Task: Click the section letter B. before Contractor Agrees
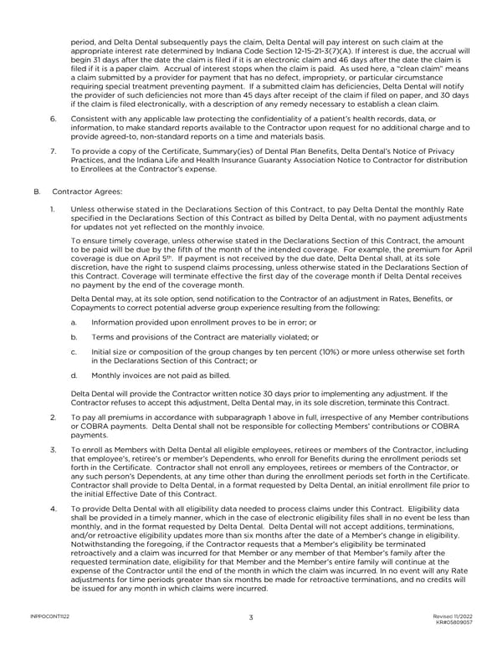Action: click(37, 192)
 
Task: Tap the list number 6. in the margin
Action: click(54, 120)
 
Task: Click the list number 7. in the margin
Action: click(54, 151)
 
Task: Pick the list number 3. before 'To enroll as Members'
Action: click(54, 448)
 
